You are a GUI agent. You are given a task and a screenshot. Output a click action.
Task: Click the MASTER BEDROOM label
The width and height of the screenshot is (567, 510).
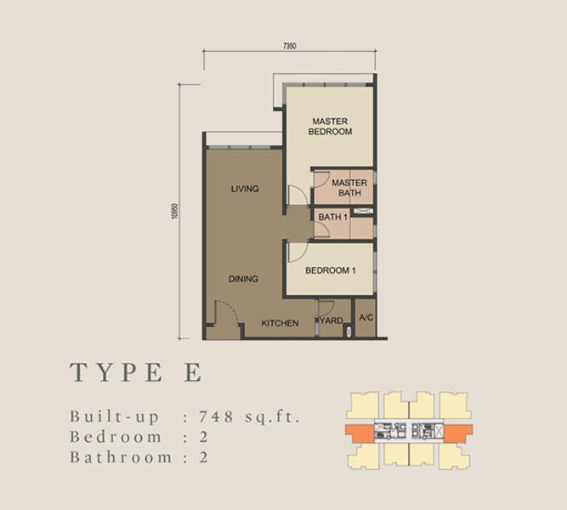click(x=331, y=127)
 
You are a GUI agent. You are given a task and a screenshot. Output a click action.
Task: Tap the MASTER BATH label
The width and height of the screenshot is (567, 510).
click(x=349, y=188)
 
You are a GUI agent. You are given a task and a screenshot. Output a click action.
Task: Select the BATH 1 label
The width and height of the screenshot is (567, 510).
click(x=332, y=218)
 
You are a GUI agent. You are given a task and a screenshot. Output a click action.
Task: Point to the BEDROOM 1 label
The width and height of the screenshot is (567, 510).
click(x=330, y=270)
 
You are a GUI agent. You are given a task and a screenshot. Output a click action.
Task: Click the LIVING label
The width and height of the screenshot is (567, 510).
click(x=245, y=189)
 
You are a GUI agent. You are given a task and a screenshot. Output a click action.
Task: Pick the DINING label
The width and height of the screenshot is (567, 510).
click(x=243, y=278)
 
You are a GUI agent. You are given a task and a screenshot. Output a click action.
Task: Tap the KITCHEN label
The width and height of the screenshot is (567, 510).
click(x=280, y=323)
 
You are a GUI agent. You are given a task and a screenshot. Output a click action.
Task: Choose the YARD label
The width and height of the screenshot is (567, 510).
click(x=332, y=320)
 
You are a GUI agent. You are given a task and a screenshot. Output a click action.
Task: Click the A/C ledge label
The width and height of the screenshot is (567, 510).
click(x=366, y=318)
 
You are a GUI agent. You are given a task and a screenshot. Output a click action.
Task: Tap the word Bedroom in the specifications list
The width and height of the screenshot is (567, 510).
click(x=116, y=437)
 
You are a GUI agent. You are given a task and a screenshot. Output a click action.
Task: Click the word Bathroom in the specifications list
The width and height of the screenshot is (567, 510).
click(x=123, y=457)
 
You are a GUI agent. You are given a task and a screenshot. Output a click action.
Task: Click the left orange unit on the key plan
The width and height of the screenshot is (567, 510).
click(x=360, y=431)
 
